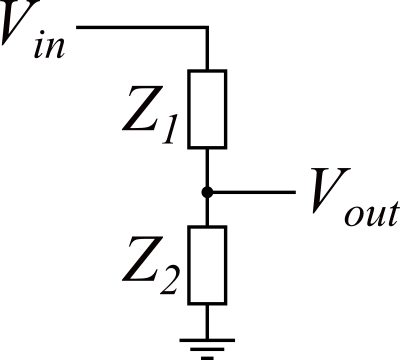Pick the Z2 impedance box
(x=208, y=265)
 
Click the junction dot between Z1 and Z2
(x=208, y=190)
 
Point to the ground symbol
(x=208, y=345)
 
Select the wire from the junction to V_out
(x=250, y=190)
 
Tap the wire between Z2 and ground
(x=208, y=319)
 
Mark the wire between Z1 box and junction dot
(x=208, y=166)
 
